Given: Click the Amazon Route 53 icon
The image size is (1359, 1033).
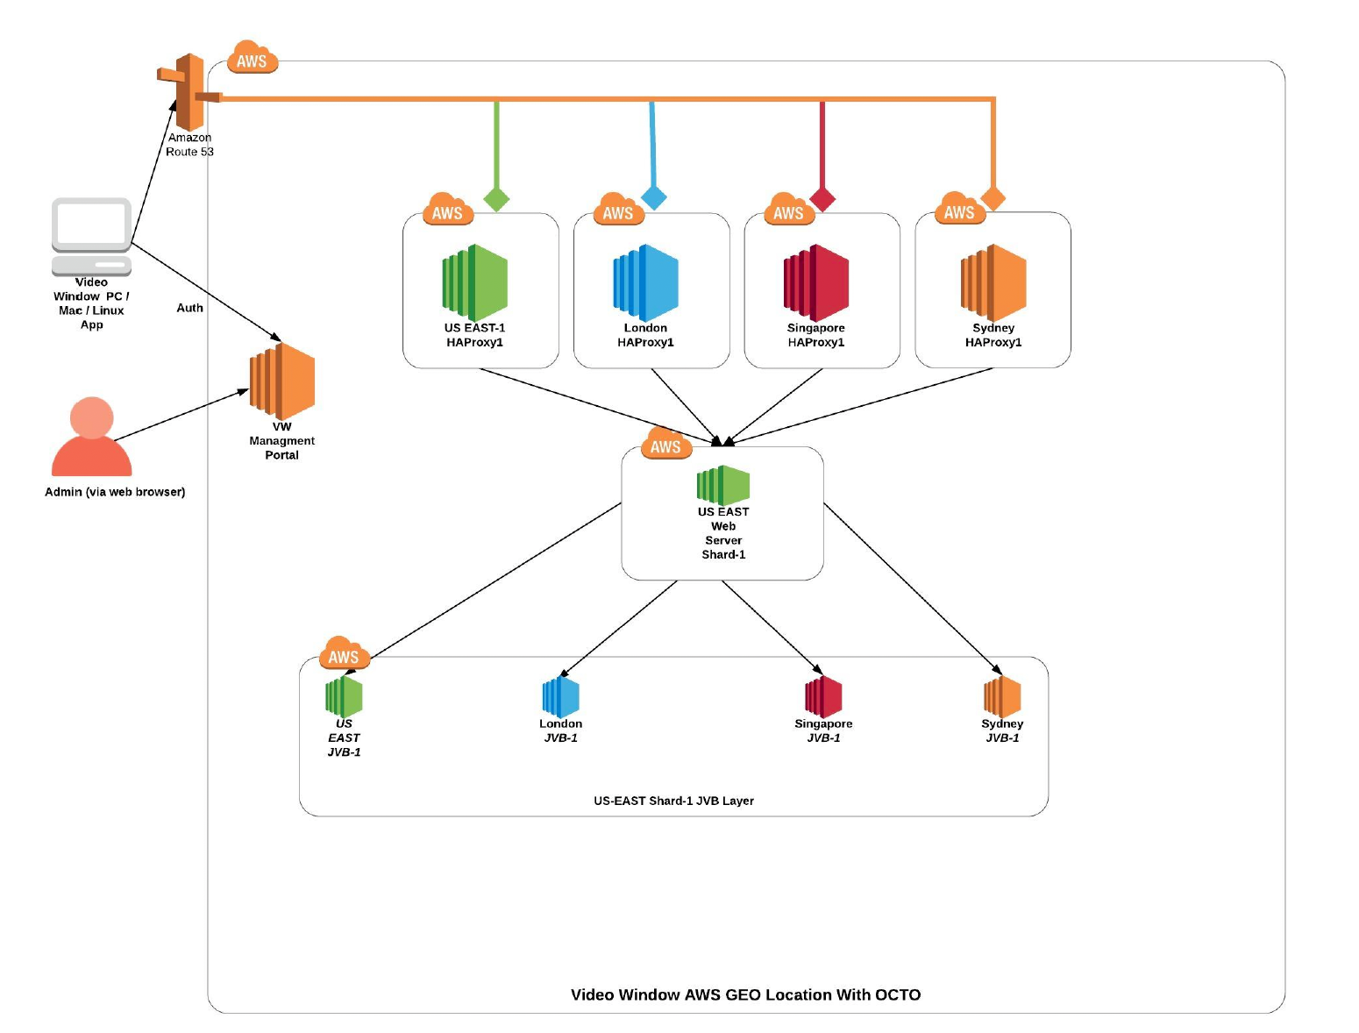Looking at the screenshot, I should coord(188,91).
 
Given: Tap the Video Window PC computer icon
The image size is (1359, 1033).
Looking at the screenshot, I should coord(91,235).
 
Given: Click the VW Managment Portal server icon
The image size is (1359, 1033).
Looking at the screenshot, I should coord(282,381).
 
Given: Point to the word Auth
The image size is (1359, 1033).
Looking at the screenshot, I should coord(189,308).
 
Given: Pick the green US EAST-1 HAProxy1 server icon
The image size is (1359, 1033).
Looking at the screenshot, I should coord(474,282).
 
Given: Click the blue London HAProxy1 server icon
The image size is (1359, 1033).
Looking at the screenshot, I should coord(645,282).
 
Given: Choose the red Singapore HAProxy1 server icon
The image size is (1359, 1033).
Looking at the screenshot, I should coord(816,282).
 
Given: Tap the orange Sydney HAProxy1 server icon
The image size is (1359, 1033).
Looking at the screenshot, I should coord(993,282).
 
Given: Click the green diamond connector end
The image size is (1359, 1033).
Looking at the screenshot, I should coord(496,199).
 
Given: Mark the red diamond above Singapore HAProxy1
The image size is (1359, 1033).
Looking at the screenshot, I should coord(822,199).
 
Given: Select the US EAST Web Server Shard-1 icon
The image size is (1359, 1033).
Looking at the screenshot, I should coord(723,485).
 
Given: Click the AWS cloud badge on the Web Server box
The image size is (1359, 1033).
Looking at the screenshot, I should coord(666,445).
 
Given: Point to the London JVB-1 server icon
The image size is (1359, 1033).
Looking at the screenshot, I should coord(561,697).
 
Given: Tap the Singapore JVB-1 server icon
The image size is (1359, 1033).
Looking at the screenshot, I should coord(823,697).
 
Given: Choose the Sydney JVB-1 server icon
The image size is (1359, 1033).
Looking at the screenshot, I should coord(1002,697).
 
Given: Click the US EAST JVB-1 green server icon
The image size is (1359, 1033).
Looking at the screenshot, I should coord(344,697).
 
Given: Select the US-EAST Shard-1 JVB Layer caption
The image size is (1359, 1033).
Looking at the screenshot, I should coord(673,801).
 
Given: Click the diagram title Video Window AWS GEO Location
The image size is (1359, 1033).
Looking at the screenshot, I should coord(745,994).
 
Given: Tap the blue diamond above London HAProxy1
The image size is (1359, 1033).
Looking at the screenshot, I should coord(653,197).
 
